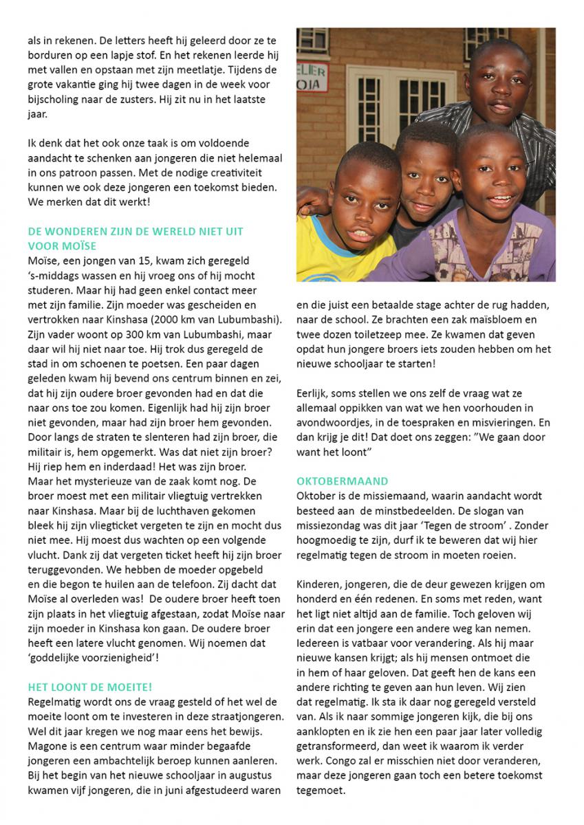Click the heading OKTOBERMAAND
point(342,481)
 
